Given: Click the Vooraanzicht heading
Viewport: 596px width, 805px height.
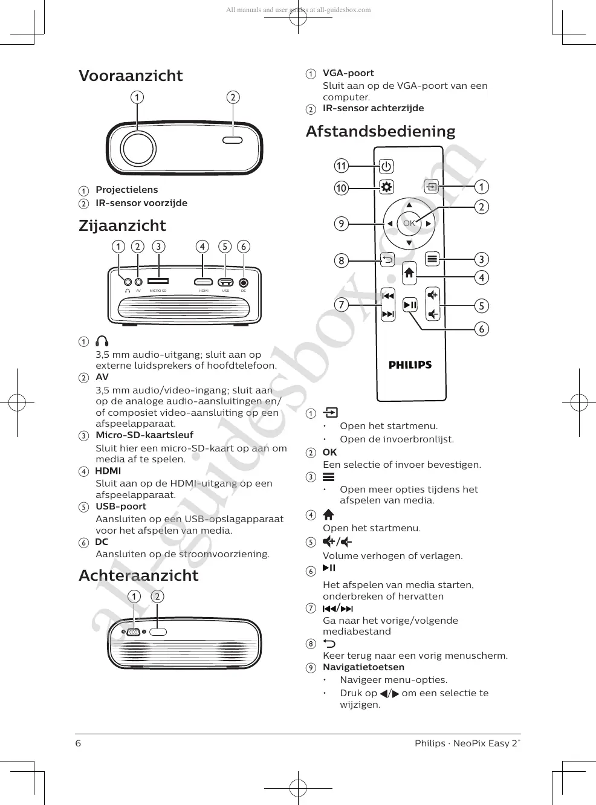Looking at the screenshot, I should click(x=131, y=76).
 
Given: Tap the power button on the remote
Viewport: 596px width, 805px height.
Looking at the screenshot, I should click(x=386, y=166).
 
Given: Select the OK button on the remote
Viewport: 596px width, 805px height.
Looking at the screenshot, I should click(x=409, y=223).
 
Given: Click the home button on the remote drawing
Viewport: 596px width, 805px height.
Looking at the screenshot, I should click(x=409, y=273).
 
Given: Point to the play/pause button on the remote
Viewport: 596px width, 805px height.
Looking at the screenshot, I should click(x=410, y=305).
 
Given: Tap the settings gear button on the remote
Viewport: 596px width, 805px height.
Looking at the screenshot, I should click(x=386, y=187).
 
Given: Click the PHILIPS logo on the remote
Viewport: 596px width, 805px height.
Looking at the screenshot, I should click(x=410, y=365).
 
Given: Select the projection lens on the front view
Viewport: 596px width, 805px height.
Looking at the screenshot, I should click(x=138, y=148).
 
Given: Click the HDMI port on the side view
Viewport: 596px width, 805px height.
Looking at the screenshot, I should click(x=203, y=282).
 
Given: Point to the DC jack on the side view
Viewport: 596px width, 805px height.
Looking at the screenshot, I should click(x=244, y=282).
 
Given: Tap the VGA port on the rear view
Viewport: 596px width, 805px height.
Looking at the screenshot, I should click(x=134, y=632).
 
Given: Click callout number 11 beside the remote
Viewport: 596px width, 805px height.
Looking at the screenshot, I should click(x=342, y=166).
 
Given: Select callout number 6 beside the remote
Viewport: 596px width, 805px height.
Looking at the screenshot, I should click(x=481, y=329).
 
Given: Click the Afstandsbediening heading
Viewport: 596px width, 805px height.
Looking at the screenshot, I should click(x=380, y=131).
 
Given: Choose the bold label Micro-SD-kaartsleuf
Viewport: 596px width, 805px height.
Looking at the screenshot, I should click(x=144, y=435).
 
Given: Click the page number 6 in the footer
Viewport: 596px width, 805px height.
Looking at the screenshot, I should click(x=78, y=743).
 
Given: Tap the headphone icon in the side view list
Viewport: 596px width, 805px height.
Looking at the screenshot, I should click(x=102, y=341).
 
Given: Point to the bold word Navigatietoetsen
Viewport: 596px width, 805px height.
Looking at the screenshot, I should click(x=363, y=667).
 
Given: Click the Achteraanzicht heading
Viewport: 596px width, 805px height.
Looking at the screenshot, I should click(x=138, y=575).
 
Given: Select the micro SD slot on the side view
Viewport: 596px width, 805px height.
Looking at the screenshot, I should click(x=158, y=281).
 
